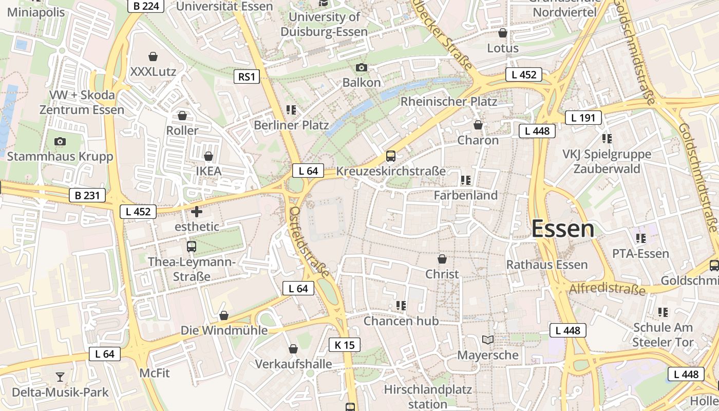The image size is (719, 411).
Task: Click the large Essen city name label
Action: (x=563, y=229)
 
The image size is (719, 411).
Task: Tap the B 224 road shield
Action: (x=145, y=6)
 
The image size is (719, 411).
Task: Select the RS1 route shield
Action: (x=247, y=77)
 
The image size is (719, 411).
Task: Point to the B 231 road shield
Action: (x=87, y=195)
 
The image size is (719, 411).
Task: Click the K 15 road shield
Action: (x=344, y=345)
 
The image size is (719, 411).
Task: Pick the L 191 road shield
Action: (x=583, y=118)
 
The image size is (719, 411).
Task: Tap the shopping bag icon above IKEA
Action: (x=209, y=156)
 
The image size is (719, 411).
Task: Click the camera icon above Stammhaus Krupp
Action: (x=60, y=141)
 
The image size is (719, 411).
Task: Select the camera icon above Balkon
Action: (x=362, y=67)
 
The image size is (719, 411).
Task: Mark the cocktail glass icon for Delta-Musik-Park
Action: (x=60, y=377)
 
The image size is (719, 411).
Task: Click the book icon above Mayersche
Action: (x=488, y=340)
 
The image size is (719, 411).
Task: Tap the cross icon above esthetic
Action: (x=197, y=211)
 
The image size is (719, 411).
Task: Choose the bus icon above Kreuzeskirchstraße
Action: (x=390, y=156)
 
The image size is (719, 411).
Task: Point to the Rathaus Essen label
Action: (x=547, y=265)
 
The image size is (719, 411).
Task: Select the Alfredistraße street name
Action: (x=607, y=288)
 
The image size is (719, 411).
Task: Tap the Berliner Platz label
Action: (x=291, y=125)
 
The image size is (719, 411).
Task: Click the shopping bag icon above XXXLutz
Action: (x=153, y=56)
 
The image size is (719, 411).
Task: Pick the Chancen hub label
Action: (x=401, y=321)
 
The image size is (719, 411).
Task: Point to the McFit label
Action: (x=155, y=372)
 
